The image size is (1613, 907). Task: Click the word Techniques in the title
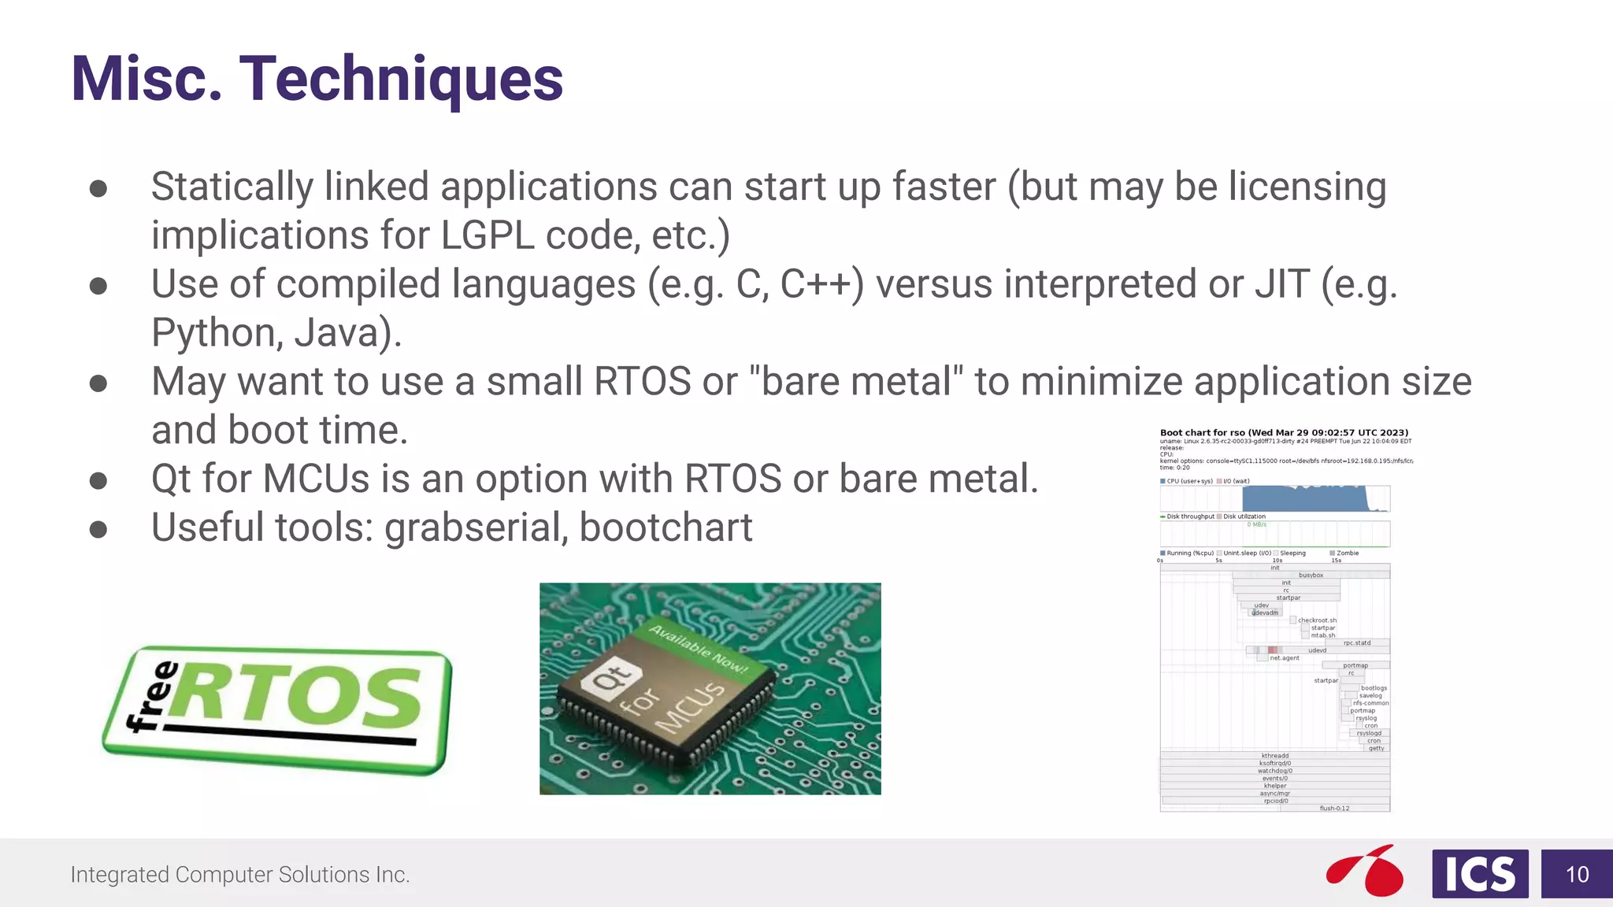[x=401, y=80]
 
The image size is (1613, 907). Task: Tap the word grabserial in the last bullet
[x=476, y=528]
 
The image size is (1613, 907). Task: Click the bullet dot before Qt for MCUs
[x=98, y=480]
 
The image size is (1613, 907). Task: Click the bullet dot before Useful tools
[x=98, y=529]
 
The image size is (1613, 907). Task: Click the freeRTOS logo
[x=277, y=709]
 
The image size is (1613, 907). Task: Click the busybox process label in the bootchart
[x=1311, y=575]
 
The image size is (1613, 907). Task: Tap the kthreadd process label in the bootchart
[x=1274, y=755]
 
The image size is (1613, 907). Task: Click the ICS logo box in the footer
[x=1479, y=874]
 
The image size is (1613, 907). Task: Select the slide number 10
[x=1577, y=874]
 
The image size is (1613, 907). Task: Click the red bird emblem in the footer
[x=1366, y=871]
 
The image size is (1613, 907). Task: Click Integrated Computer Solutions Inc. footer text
[x=240, y=875]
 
